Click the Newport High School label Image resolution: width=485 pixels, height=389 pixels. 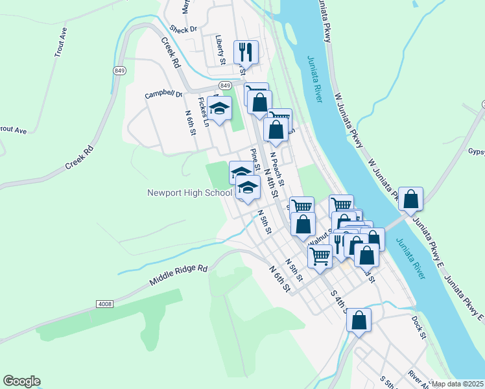pyautogui.click(x=189, y=193)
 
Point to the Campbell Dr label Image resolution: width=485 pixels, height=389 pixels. pyautogui.click(x=164, y=94)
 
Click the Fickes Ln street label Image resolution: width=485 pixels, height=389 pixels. pyautogui.click(x=204, y=111)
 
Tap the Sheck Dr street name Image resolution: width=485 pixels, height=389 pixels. pyautogui.click(x=183, y=29)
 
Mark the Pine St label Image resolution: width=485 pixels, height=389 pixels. pyautogui.click(x=255, y=158)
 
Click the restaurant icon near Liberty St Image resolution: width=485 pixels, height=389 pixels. pyautogui.click(x=246, y=51)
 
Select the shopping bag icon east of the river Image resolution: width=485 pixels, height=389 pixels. pyautogui.click(x=410, y=198)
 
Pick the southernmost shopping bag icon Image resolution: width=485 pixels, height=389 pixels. pyautogui.click(x=359, y=320)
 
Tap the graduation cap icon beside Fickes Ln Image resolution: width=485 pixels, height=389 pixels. pyautogui.click(x=220, y=108)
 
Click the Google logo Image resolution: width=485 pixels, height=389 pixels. pyautogui.click(x=21, y=381)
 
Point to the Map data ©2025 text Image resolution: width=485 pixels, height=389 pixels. pyautogui.click(x=458, y=384)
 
